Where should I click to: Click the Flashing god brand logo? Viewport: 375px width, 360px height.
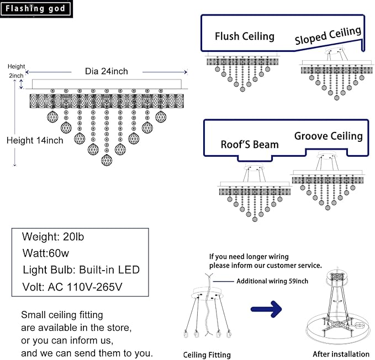pyautogui.click(x=36, y=9)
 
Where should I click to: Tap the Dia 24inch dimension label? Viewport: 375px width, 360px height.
pyautogui.click(x=106, y=71)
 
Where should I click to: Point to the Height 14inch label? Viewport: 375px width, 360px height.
pyautogui.click(x=34, y=140)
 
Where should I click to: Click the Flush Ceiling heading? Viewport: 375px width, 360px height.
pyautogui.click(x=244, y=36)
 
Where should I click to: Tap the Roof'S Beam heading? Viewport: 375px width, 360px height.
pyautogui.click(x=249, y=145)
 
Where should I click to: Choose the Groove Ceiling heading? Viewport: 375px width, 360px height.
pyautogui.click(x=328, y=136)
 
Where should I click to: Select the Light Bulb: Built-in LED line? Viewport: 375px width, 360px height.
pyautogui.click(x=81, y=270)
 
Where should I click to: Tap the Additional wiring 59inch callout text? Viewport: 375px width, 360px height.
pyautogui.click(x=272, y=281)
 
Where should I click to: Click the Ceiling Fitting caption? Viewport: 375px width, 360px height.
pyautogui.click(x=207, y=354)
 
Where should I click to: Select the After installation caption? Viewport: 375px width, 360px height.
pyautogui.click(x=341, y=354)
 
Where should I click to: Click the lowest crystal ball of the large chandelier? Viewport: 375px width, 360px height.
pyautogui.click(x=106, y=160)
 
